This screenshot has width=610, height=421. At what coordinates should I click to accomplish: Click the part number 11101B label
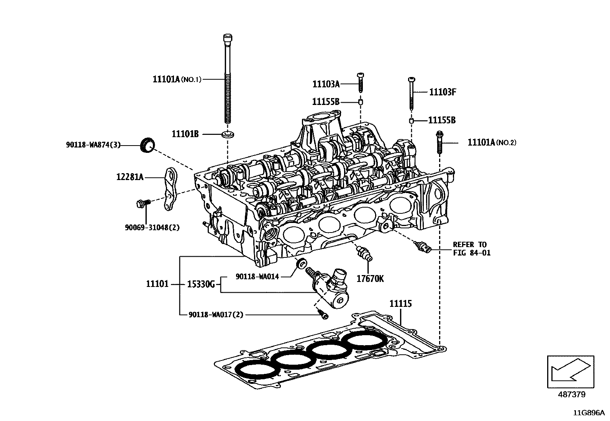[185, 134]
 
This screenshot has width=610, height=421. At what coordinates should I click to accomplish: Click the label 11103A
[326, 84]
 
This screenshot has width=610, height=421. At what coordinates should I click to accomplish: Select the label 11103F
[443, 92]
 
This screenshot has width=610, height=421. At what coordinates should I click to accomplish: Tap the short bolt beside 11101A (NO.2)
[439, 142]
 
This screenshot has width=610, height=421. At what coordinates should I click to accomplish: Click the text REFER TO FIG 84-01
[471, 249]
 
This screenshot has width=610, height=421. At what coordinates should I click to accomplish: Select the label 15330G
[201, 284]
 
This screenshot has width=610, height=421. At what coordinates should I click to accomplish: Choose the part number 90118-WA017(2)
[216, 315]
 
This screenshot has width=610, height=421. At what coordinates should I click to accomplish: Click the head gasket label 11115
[400, 304]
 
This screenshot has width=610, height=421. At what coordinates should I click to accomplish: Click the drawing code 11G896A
[589, 413]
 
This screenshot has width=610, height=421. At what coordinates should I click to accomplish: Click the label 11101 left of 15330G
[157, 284]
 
